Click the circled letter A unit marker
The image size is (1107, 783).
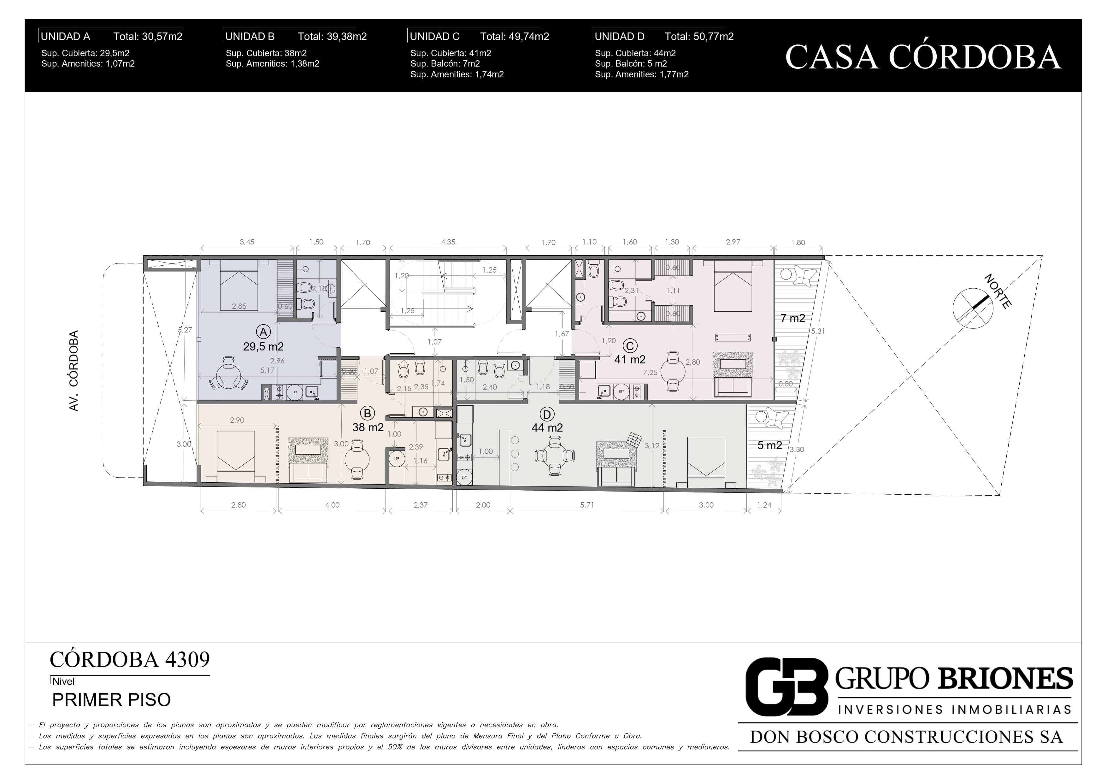click(x=263, y=332)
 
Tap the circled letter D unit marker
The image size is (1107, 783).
click(x=547, y=414)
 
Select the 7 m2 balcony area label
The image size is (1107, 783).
click(x=793, y=318)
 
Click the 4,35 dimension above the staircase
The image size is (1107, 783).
click(x=448, y=242)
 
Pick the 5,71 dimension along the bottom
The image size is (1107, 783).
click(x=587, y=505)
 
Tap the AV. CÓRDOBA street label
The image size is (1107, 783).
click(x=74, y=371)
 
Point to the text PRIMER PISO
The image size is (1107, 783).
click(x=111, y=700)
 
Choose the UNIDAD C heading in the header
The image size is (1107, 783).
click(x=434, y=37)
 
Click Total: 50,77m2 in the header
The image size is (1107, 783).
click(x=699, y=37)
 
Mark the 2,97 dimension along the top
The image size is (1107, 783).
click(x=733, y=242)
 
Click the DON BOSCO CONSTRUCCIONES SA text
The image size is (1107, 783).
click(x=906, y=737)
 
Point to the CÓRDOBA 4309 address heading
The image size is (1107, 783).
click(x=130, y=660)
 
